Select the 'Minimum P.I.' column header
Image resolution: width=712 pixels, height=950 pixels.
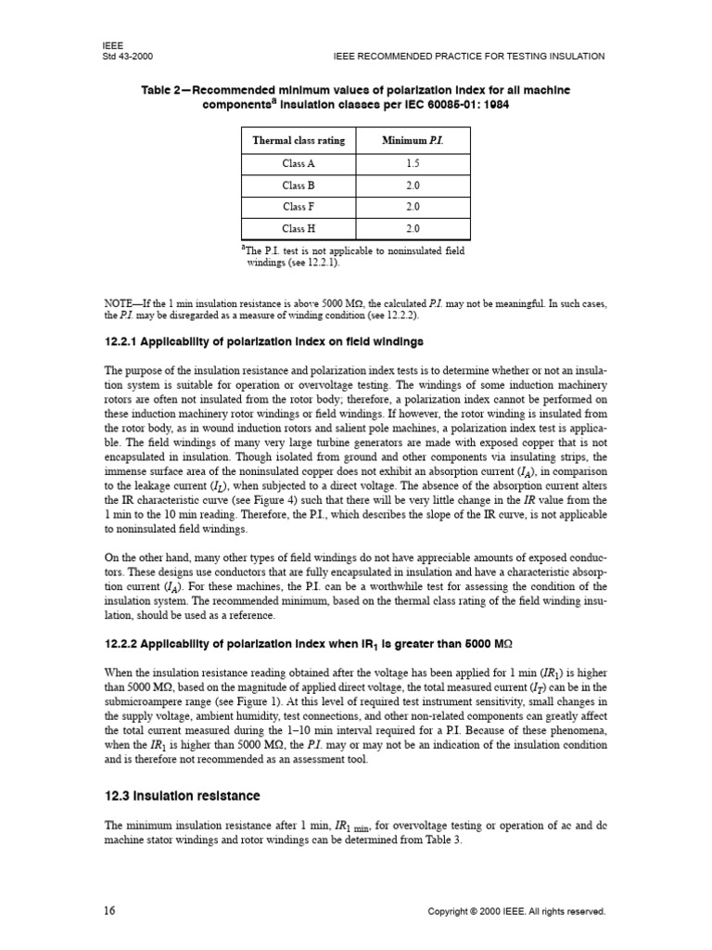pos(413,141)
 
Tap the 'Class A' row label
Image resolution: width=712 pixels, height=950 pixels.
pos(299,163)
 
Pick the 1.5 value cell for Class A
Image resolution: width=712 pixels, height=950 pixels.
pos(413,163)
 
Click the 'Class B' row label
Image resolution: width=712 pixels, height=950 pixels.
pos(299,185)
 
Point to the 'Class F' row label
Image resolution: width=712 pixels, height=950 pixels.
pos(299,206)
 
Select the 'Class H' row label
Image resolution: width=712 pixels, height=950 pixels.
pos(299,228)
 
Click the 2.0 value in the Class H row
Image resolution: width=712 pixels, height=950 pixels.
pos(413,228)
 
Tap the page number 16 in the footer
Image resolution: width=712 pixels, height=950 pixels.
pos(109,911)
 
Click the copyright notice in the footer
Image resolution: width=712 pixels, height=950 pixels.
pos(515,912)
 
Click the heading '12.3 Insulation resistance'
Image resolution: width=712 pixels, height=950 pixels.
pos(183,796)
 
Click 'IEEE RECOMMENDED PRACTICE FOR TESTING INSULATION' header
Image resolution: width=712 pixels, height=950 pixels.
pos(468,56)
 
